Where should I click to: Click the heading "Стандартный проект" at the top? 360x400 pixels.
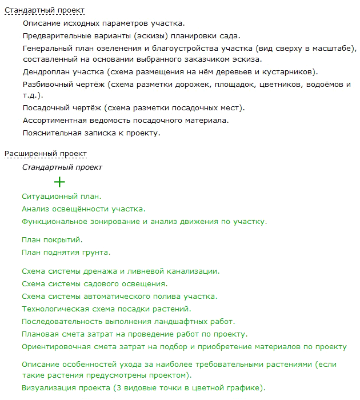tap(44, 10)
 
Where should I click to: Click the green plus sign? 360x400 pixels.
tap(59, 182)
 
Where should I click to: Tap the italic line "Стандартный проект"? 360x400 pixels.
tap(62, 167)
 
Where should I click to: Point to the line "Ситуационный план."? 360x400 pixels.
tap(61, 196)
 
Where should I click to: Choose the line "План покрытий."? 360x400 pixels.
tap(52, 239)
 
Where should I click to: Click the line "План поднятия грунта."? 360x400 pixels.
tap(66, 252)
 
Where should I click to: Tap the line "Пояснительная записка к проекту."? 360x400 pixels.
tap(91, 133)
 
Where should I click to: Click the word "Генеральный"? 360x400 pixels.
tap(48, 48)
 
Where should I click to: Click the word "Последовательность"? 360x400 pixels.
tap(61, 322)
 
